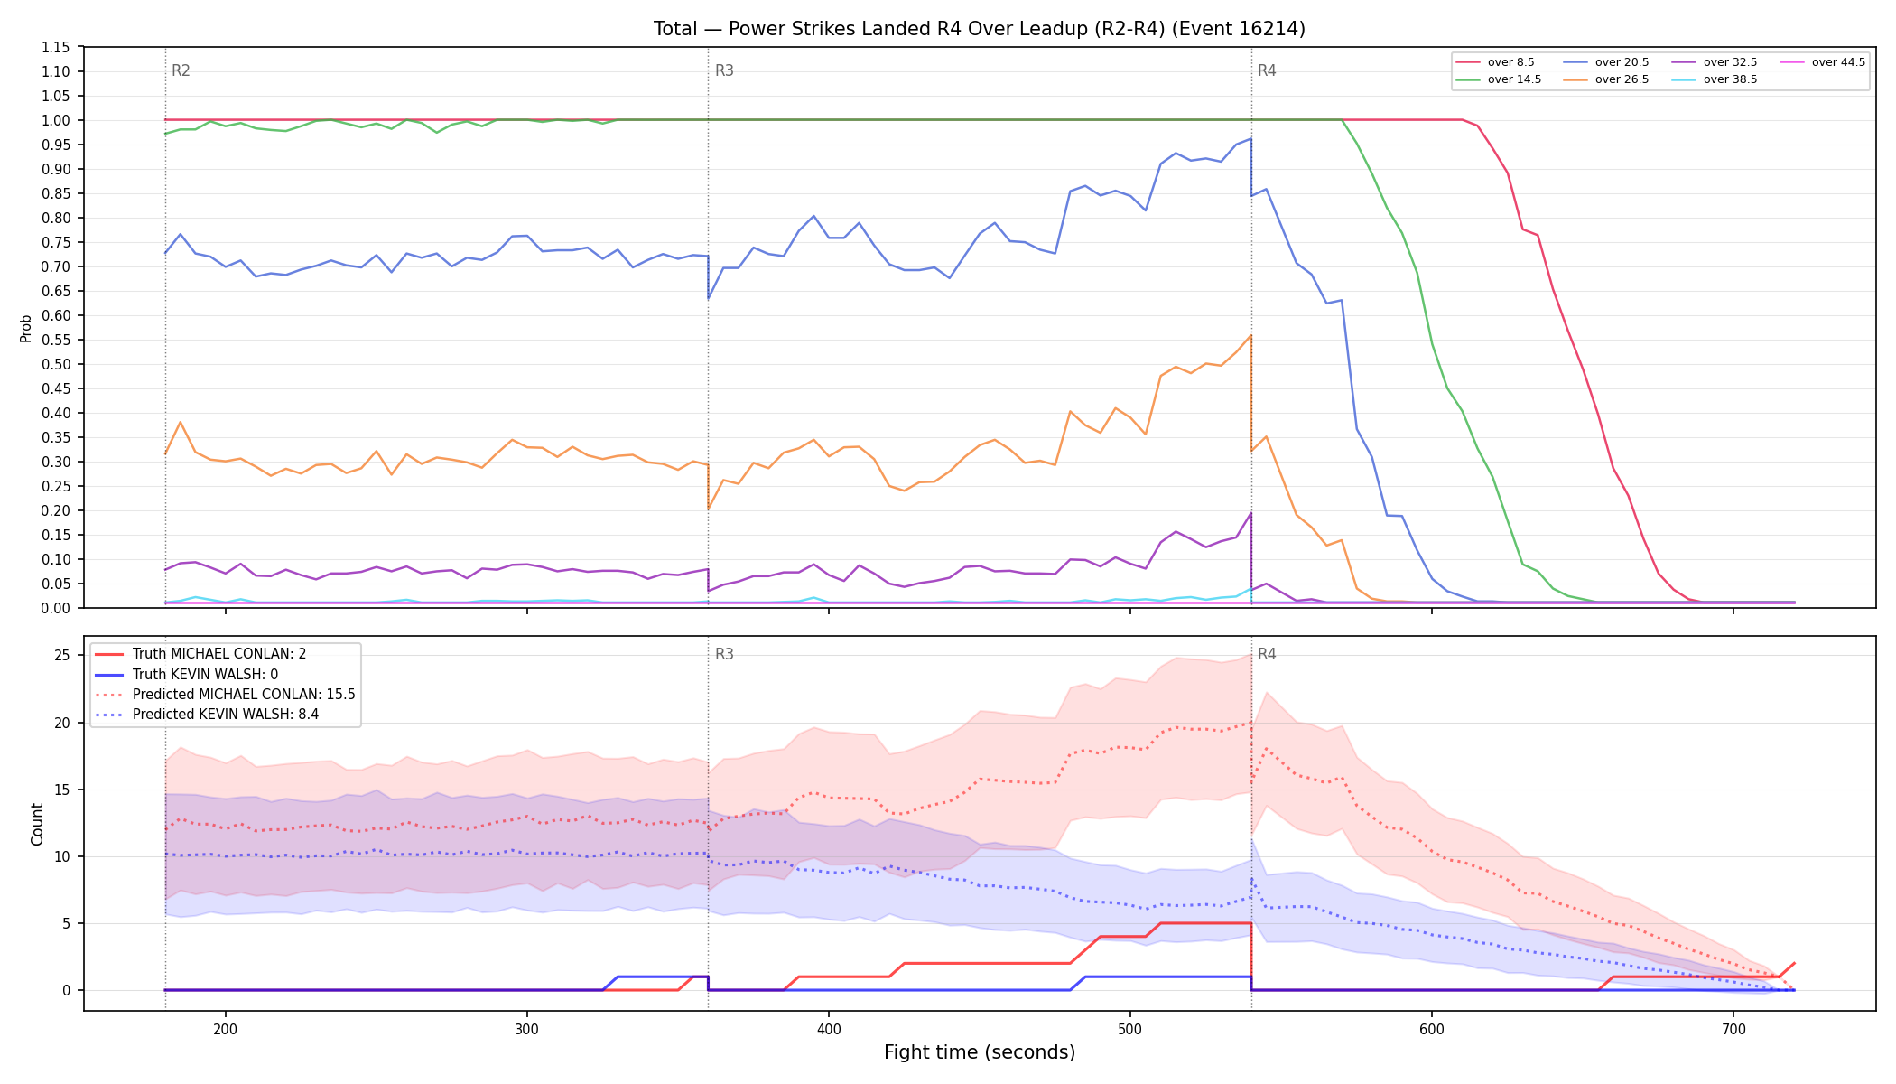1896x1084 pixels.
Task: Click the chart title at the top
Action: (x=980, y=29)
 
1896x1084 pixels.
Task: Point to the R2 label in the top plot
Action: (x=181, y=70)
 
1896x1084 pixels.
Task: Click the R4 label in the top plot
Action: (x=1267, y=70)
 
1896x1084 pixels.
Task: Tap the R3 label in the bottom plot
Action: (x=724, y=654)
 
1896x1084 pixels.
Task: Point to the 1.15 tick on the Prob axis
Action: (x=56, y=47)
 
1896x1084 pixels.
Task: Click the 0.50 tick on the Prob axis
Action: (x=56, y=364)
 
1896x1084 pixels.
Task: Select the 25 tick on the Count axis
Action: (x=62, y=655)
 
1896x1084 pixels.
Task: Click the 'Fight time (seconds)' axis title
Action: (x=980, y=1052)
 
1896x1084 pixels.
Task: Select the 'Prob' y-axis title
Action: (x=26, y=328)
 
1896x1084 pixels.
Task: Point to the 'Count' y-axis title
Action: (x=37, y=824)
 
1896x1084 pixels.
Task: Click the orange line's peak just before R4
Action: (x=1250, y=336)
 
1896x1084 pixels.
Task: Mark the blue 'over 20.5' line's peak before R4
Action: (x=1250, y=138)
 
